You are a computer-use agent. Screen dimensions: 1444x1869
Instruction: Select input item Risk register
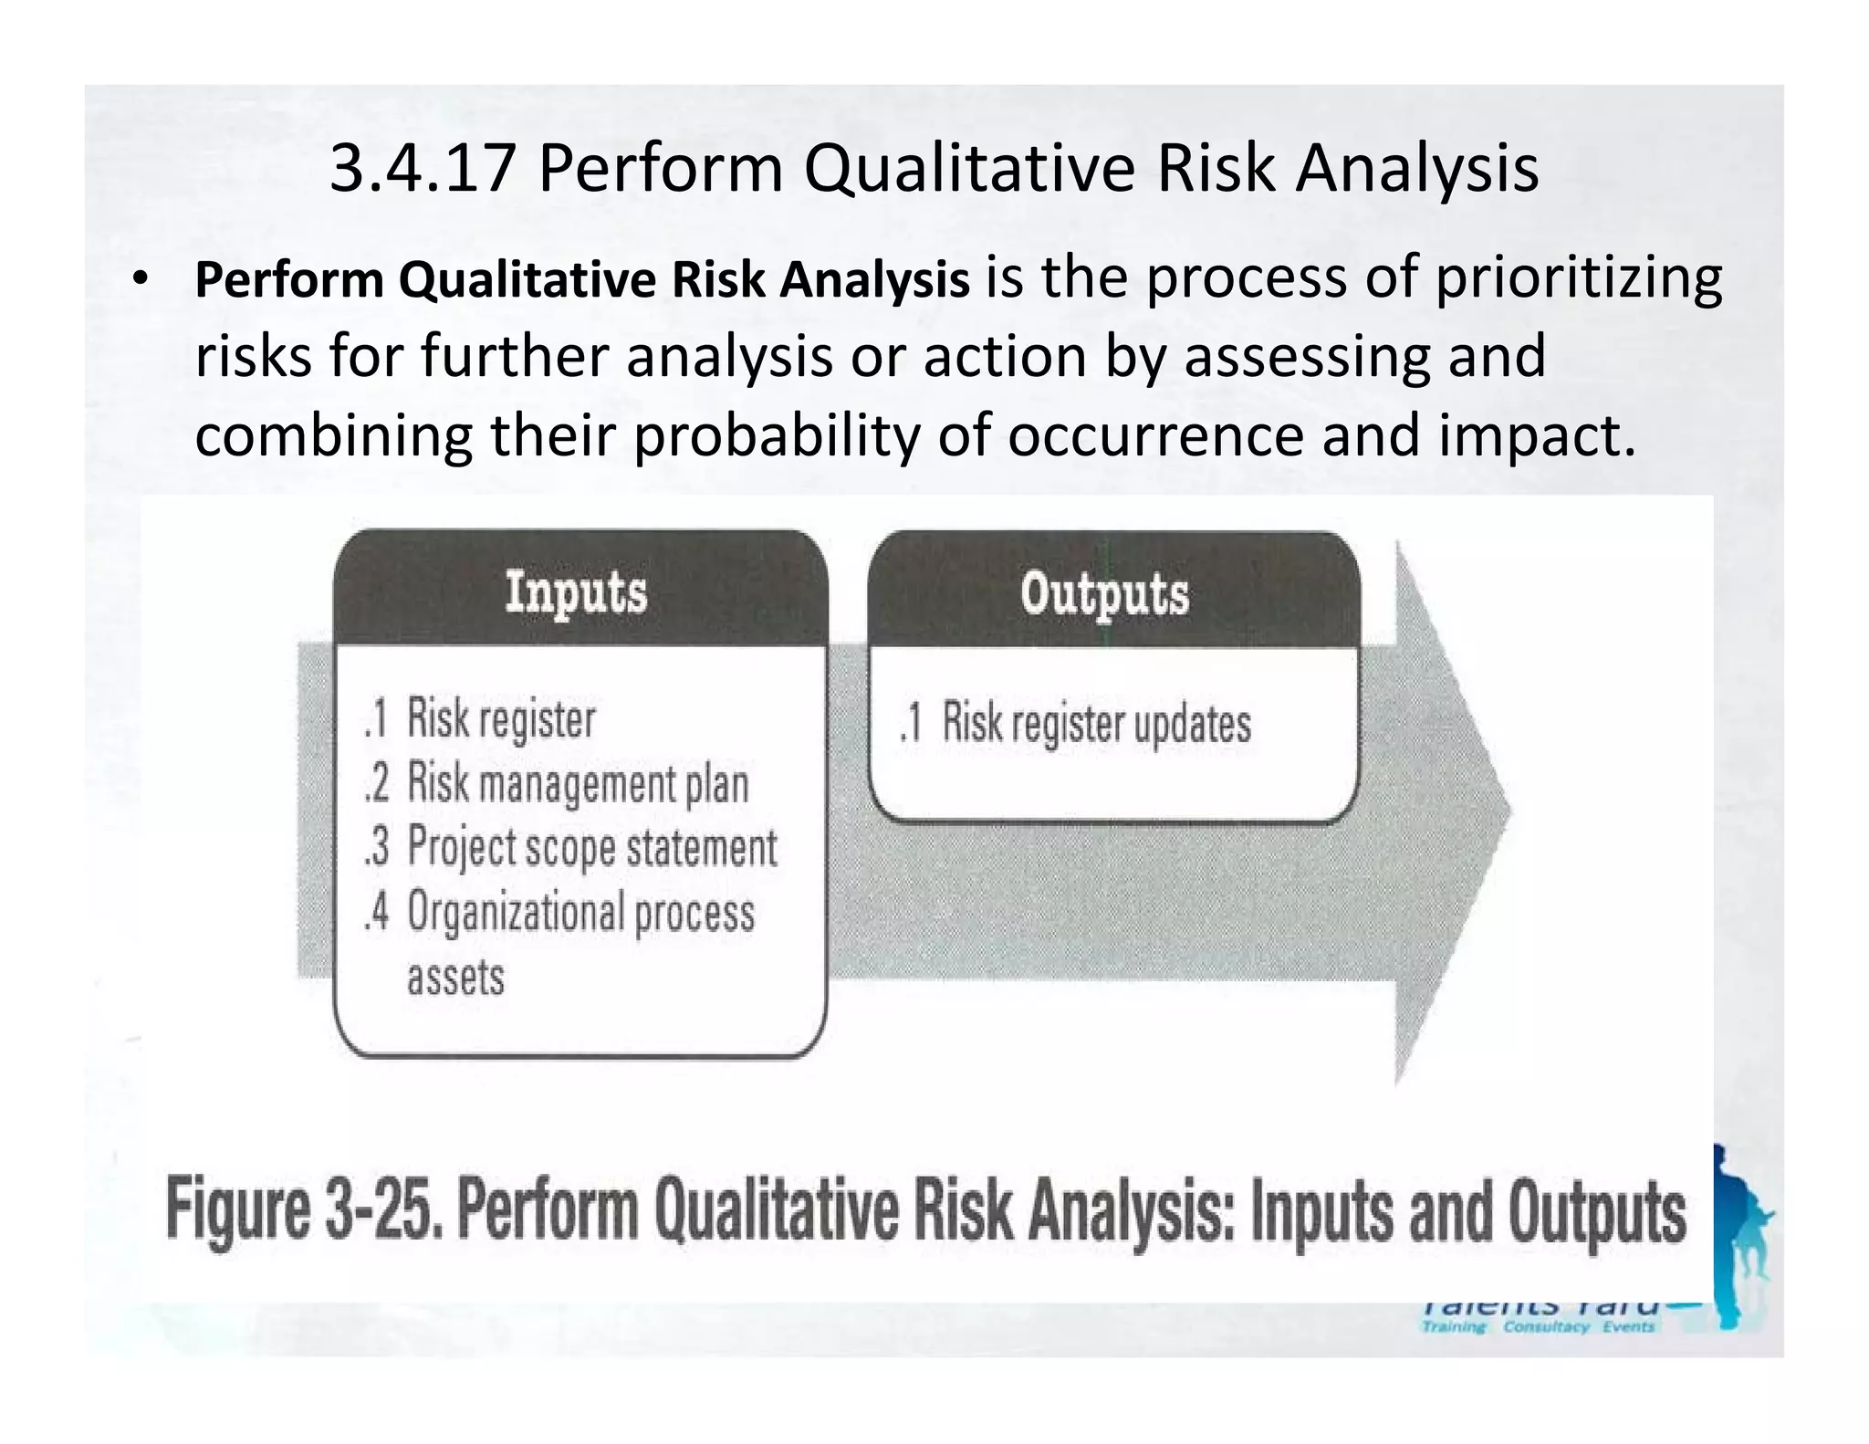coord(500,718)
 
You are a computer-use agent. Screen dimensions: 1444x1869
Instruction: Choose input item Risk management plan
coord(577,783)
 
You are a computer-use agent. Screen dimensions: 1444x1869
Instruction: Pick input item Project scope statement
coord(591,847)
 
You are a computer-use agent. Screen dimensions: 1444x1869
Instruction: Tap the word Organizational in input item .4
coord(516,912)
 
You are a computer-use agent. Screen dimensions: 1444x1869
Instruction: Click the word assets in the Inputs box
coord(455,977)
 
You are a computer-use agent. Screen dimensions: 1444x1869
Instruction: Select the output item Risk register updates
coord(1095,723)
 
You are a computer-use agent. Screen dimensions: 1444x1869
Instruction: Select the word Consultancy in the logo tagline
coord(1546,1326)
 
